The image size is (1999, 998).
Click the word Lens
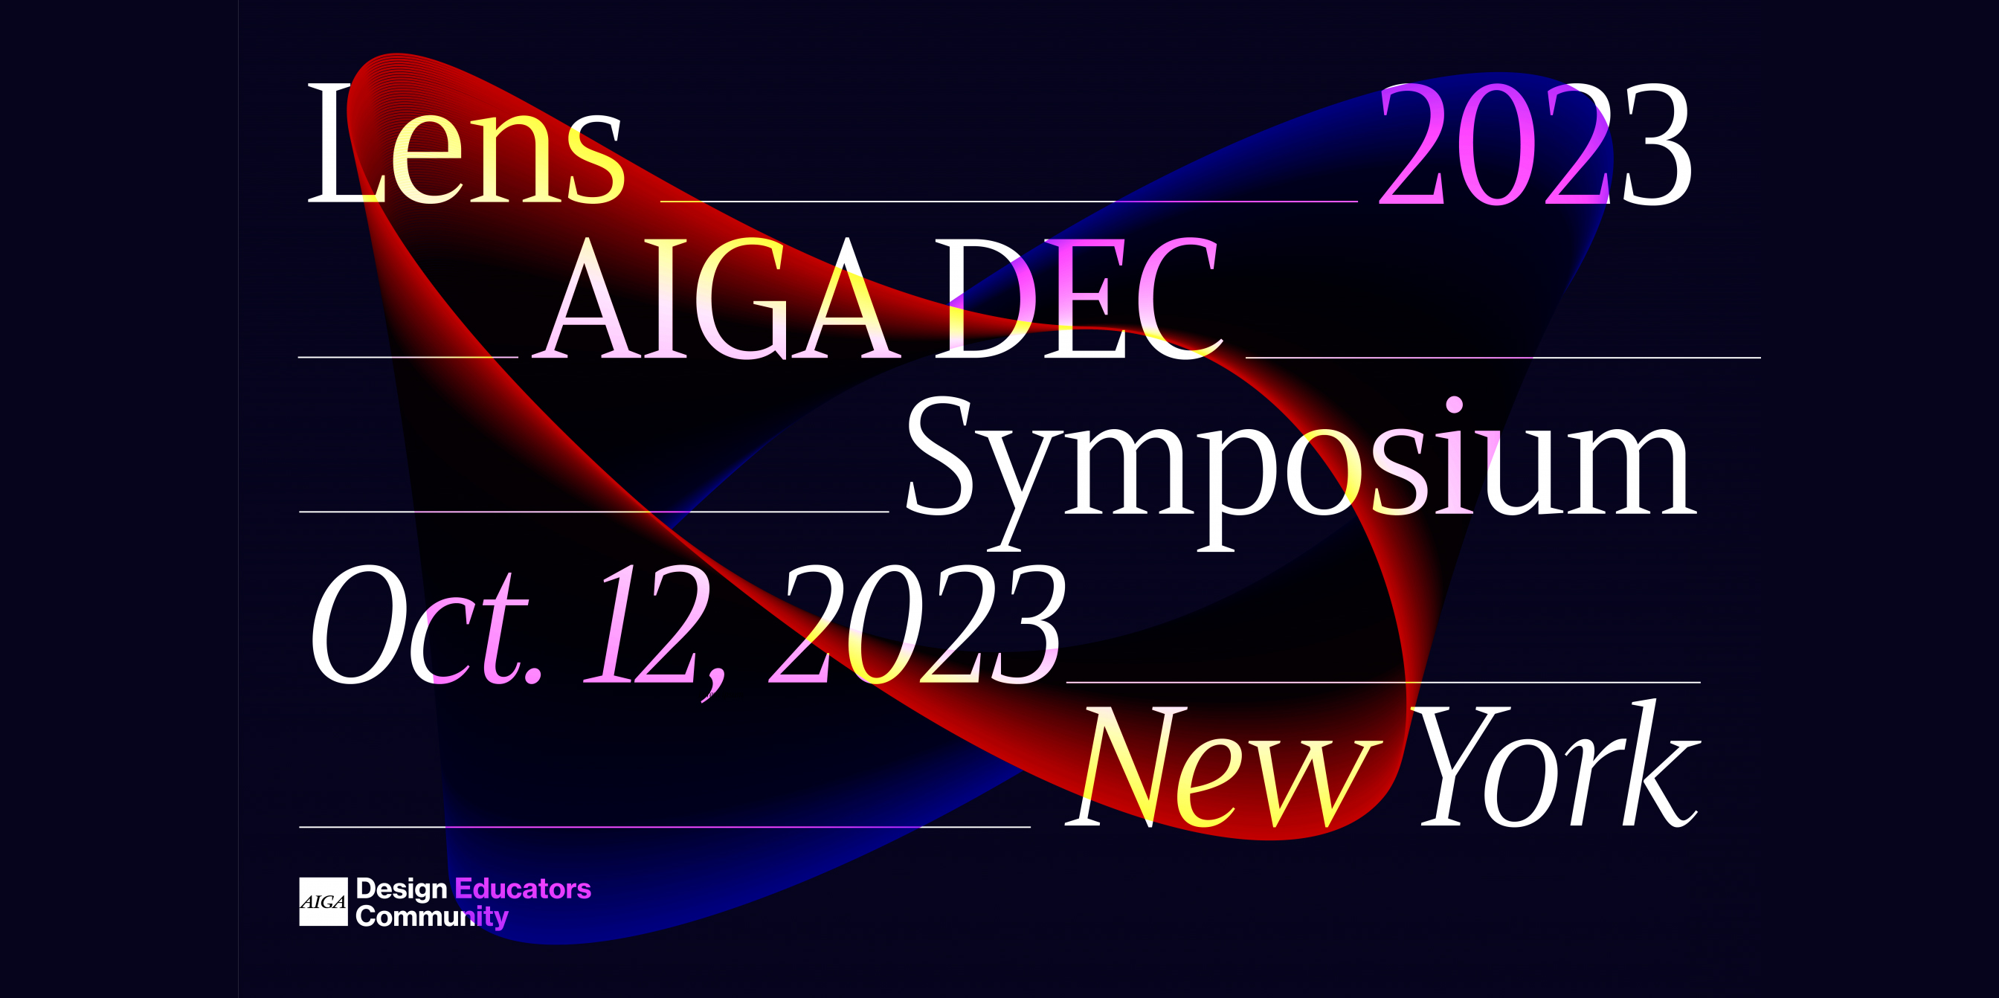(x=466, y=144)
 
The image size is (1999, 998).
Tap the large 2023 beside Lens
(x=1535, y=144)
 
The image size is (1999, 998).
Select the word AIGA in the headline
(x=718, y=298)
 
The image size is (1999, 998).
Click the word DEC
(x=1078, y=298)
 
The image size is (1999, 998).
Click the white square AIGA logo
(x=323, y=902)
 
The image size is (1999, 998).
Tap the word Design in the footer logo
(x=401, y=889)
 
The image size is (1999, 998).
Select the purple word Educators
(x=523, y=889)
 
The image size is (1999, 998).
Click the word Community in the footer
(x=432, y=916)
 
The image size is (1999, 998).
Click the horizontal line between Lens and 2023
(x=1009, y=201)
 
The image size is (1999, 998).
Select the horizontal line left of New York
(x=665, y=827)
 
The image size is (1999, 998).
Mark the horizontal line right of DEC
(x=1503, y=357)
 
